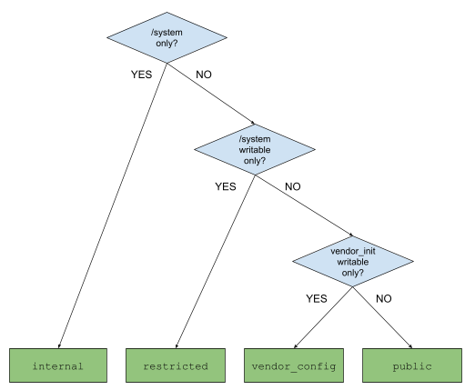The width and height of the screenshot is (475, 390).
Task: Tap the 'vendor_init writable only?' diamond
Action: coord(351,260)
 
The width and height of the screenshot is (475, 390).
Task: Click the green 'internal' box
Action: coord(58,366)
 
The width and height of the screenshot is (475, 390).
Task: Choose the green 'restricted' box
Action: coord(176,366)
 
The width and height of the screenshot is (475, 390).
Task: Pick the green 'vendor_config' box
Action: coord(293,366)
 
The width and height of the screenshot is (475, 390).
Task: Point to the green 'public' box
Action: coord(410,366)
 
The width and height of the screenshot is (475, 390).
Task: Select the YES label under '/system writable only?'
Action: coord(225,186)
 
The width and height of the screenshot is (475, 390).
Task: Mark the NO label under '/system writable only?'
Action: coord(292,186)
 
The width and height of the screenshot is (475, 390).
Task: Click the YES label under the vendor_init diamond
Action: coord(316,298)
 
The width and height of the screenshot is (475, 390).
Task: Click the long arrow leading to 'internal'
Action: coord(112,209)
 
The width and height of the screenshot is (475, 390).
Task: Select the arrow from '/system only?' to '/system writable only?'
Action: coord(210,95)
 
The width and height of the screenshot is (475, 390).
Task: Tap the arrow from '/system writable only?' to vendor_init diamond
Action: coord(303,207)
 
